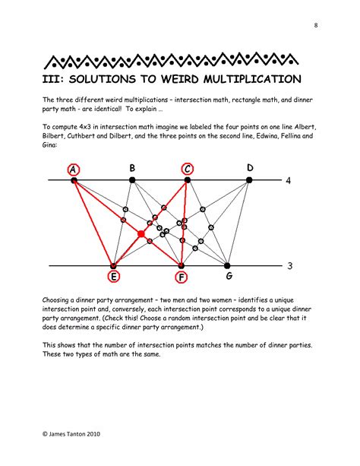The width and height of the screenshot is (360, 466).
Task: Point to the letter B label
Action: click(132, 168)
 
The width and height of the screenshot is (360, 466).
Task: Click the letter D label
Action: click(250, 168)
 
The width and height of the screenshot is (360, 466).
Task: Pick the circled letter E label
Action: click(113, 277)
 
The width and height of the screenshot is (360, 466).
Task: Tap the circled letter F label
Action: click(182, 277)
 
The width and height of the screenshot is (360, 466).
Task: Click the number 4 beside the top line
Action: click(289, 180)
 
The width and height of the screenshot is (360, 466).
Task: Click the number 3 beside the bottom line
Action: click(289, 266)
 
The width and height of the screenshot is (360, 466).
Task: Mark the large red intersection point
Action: click(141, 234)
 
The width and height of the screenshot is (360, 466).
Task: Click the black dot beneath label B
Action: click(132, 180)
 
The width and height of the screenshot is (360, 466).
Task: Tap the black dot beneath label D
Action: click(249, 180)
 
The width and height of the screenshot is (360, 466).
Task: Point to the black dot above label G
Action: click(227, 265)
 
